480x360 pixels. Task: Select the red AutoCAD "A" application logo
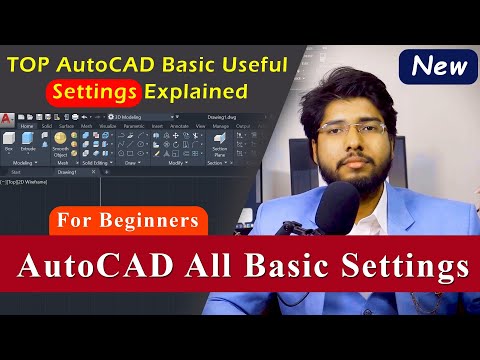click(x=8, y=119)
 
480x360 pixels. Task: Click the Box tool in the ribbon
click(x=9, y=141)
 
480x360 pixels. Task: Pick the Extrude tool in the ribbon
click(x=28, y=141)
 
